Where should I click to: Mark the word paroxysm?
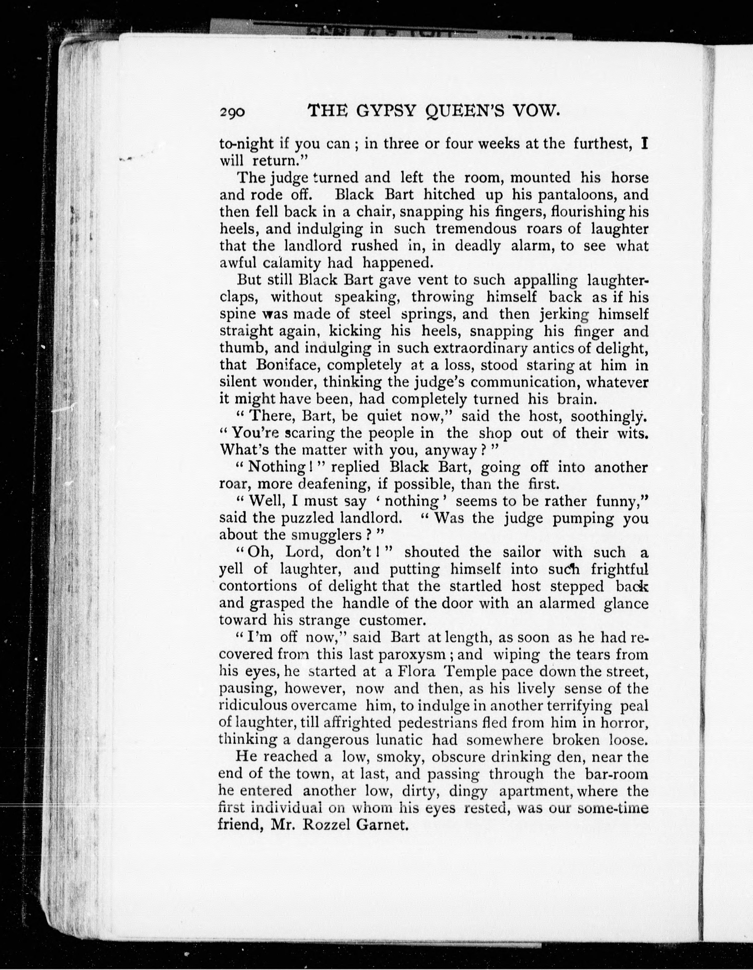click(x=420, y=655)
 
